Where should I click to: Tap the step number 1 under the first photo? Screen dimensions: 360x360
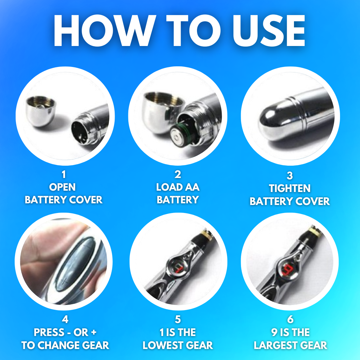(x=63, y=175)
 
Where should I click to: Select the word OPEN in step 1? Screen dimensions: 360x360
(x=63, y=187)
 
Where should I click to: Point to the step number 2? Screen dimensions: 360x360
(x=178, y=175)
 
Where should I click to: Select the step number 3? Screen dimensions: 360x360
(x=290, y=176)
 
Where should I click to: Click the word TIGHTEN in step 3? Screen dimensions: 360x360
(x=290, y=189)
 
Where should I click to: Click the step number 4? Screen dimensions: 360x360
(x=65, y=319)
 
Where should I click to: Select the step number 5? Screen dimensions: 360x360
(x=178, y=319)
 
